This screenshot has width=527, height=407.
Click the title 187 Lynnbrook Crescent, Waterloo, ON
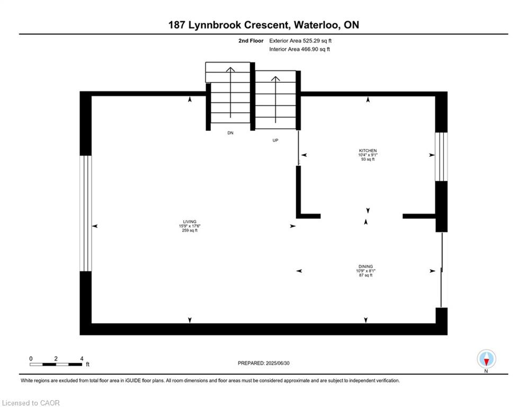coord(263,25)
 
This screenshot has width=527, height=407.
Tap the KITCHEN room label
coord(368,151)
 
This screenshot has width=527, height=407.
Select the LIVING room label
coord(190,222)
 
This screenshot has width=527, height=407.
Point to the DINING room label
coord(365,267)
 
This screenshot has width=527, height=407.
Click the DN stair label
coord(230,133)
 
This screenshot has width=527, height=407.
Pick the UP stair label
coord(275,140)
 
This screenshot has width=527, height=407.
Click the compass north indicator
coord(486,359)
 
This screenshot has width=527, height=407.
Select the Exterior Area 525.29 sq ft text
coord(300,40)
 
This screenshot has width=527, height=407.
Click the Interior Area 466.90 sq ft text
coord(300,49)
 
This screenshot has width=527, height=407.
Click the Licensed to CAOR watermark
coord(31,403)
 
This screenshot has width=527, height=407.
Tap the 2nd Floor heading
coord(251,40)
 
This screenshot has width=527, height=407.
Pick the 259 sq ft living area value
coord(190,231)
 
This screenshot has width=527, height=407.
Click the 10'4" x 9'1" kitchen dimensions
coord(368,155)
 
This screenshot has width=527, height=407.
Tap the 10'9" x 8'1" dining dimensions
coord(365,271)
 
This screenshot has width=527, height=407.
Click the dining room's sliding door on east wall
coord(442,270)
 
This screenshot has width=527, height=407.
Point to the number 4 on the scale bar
coord(81,358)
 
